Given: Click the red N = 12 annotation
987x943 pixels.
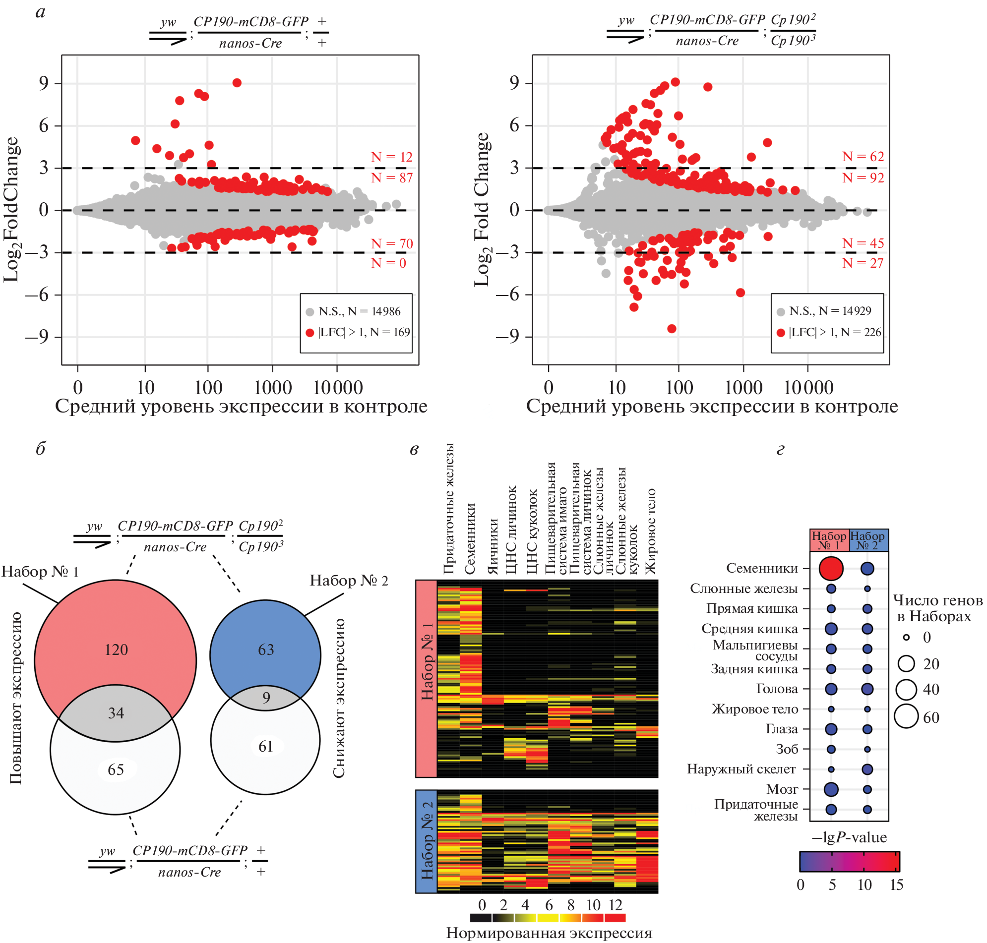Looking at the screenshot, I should (x=391, y=157).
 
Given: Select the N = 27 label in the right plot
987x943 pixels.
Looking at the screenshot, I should (x=863, y=263).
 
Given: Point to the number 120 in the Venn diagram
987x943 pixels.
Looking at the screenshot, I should (x=116, y=649).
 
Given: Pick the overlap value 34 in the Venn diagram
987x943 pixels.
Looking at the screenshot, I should (x=116, y=713).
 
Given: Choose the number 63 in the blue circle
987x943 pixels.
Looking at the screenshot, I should (x=265, y=649).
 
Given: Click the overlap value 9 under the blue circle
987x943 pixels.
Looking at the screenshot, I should (x=266, y=697).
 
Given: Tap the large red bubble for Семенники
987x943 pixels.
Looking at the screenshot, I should (x=831, y=568).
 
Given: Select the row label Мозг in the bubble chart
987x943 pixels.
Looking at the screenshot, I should (x=782, y=789).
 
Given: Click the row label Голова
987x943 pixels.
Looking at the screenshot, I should (x=777, y=689).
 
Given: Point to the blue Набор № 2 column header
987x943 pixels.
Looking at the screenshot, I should (x=868, y=540).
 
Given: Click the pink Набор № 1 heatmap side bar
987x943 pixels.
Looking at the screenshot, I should (x=427, y=678).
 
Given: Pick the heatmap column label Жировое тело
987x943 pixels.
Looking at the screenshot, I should (x=651, y=531).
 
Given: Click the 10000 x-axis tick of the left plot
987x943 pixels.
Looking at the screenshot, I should (x=337, y=388).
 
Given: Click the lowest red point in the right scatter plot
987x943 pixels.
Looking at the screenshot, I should (x=672, y=329).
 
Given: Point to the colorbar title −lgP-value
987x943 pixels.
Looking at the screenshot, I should (x=849, y=837).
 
